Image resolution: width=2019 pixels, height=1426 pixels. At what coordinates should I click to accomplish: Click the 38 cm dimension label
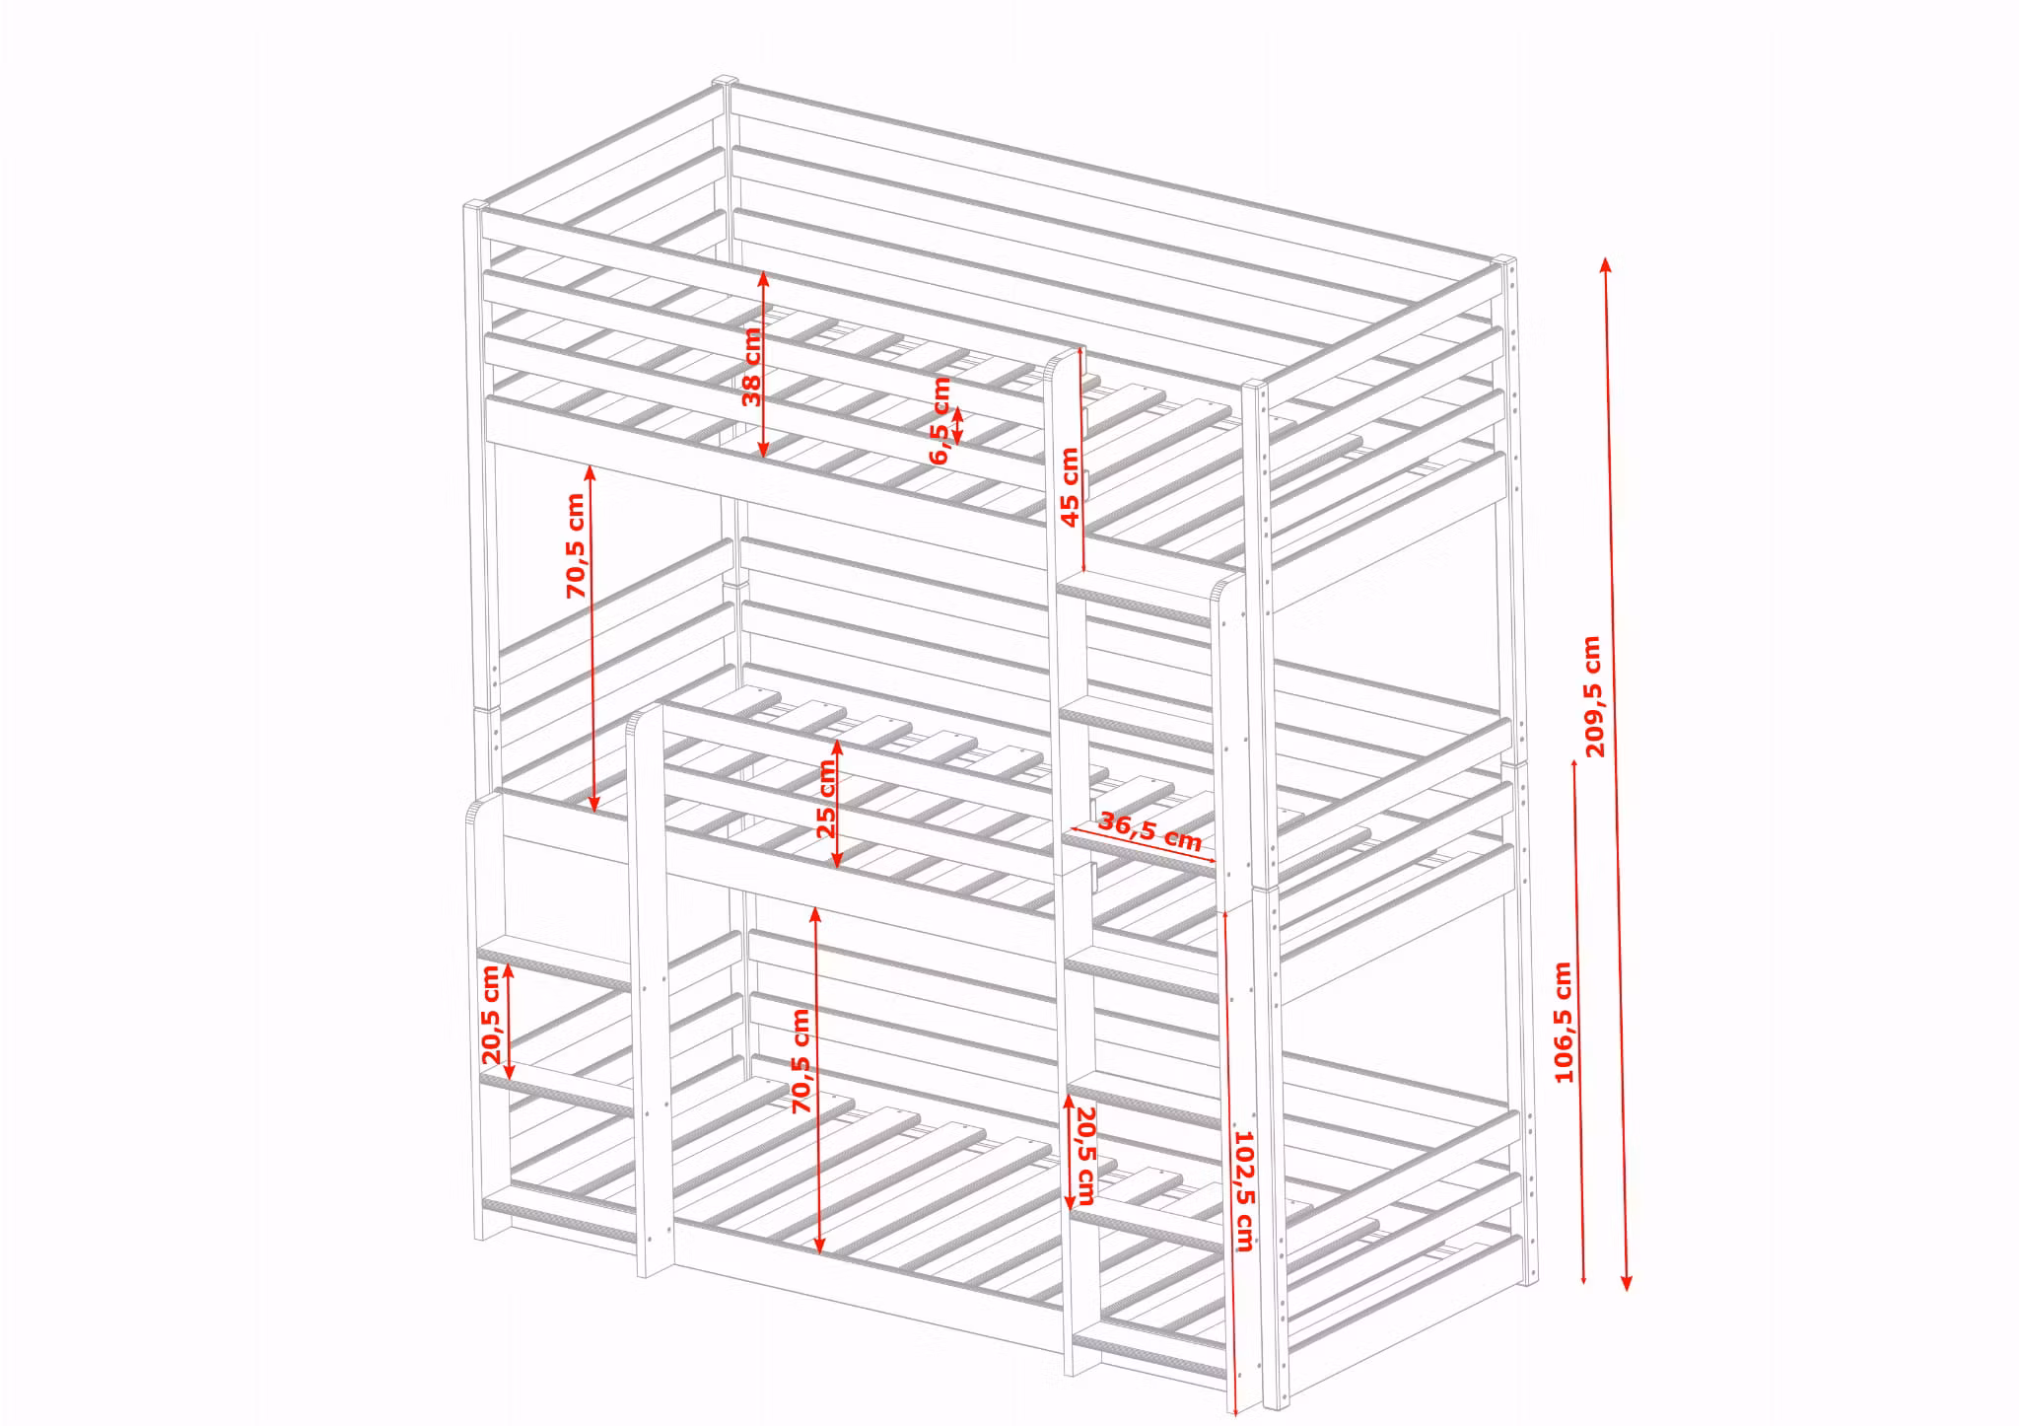click(752, 366)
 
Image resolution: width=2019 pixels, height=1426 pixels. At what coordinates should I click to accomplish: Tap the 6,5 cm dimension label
click(940, 419)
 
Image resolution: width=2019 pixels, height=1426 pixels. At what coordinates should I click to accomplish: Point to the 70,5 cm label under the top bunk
click(576, 545)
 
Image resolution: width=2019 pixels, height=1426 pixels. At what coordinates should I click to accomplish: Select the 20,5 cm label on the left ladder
click(492, 1014)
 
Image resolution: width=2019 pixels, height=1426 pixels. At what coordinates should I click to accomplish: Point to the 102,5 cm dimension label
click(1243, 1191)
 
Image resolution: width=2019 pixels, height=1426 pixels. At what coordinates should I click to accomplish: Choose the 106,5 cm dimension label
click(1563, 1023)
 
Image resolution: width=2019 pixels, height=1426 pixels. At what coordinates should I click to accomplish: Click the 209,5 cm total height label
click(1593, 696)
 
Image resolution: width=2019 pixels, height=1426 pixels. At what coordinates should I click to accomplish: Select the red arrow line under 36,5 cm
click(1143, 844)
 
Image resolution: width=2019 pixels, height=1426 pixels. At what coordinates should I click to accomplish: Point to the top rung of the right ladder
click(1134, 600)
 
